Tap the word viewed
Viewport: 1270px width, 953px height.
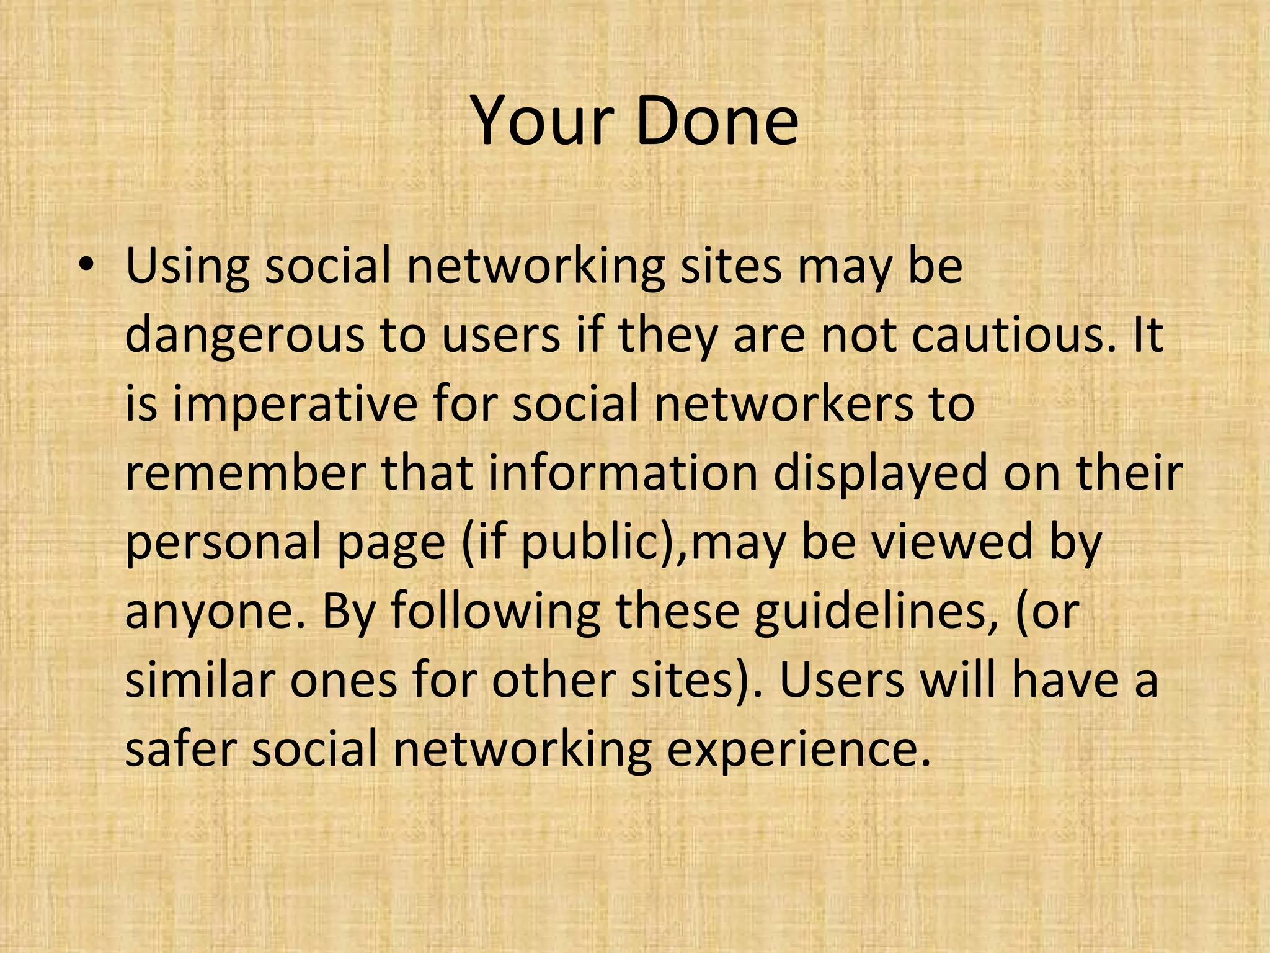coord(954,541)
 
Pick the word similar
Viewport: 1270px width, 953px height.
coord(198,680)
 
